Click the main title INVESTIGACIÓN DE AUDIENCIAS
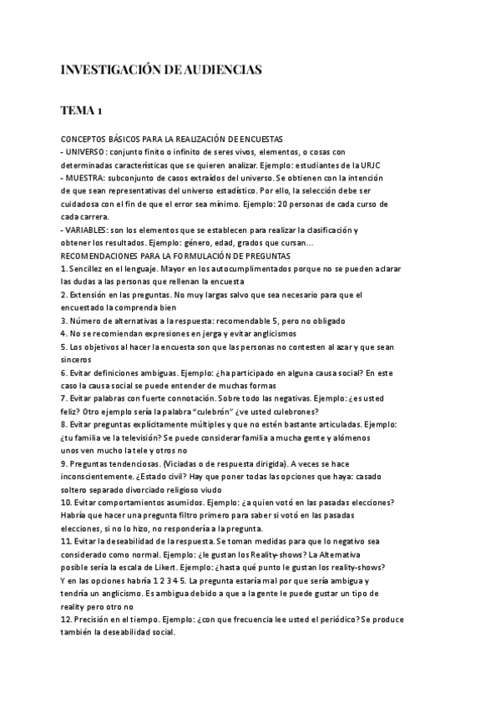point(161,71)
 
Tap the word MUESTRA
point(83,178)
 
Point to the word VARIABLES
point(85,230)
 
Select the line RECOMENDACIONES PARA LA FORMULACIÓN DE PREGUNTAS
point(175,255)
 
